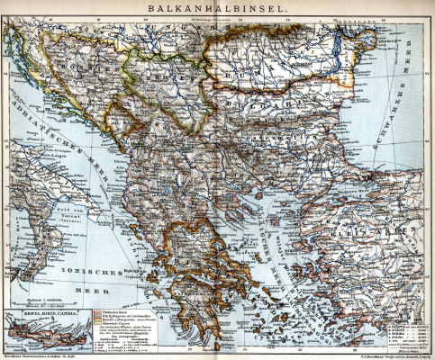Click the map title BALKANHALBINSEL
coord(217,8)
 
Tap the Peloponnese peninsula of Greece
coord(193,292)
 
